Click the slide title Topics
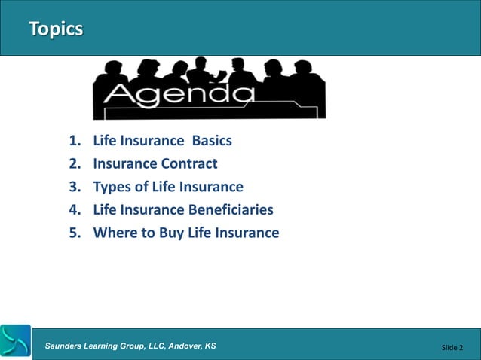click(x=55, y=29)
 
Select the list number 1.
click(x=74, y=141)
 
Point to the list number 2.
click(x=74, y=163)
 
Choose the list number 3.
click(x=74, y=187)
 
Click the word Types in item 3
click(x=112, y=187)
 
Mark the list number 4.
click(x=74, y=209)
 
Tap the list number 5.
click(x=74, y=233)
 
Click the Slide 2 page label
click(x=452, y=347)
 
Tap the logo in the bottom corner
click(x=16, y=341)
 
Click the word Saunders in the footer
click(x=67, y=346)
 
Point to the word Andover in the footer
click(x=181, y=346)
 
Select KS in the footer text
click(x=210, y=346)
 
